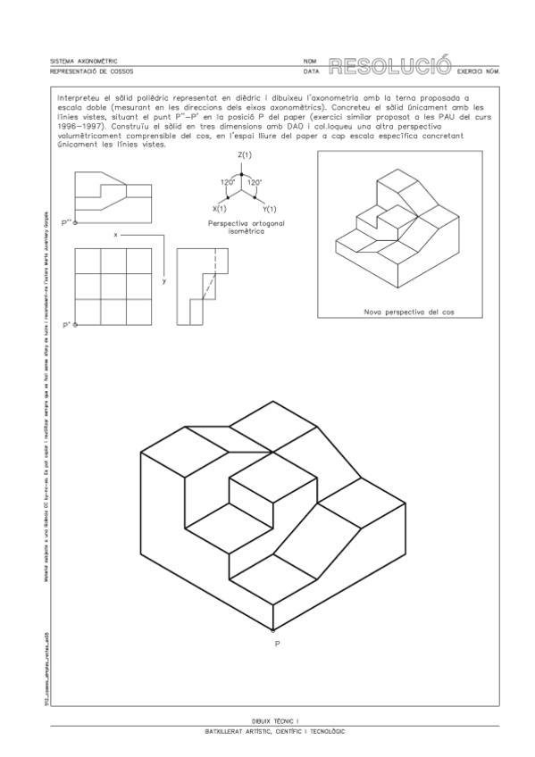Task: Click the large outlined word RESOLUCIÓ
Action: click(389, 65)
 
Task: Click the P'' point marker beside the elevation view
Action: click(76, 222)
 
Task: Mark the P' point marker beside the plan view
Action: click(76, 325)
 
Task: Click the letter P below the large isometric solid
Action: click(276, 641)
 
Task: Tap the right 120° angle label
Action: click(255, 182)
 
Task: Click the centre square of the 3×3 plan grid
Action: click(113, 287)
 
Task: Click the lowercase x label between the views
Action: click(116, 233)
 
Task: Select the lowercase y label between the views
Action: click(164, 280)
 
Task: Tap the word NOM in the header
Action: click(309, 62)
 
